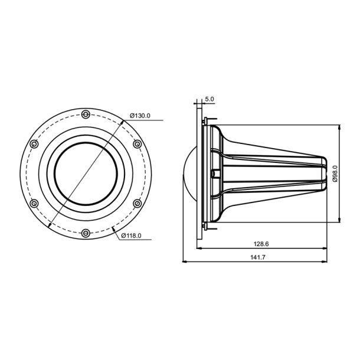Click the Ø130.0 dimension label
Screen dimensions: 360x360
[x=140, y=116]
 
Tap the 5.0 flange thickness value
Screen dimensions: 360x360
[x=210, y=99]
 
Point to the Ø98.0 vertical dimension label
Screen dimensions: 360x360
[x=335, y=174]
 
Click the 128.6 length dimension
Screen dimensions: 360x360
[x=258, y=243]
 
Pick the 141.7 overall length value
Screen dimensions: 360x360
[x=258, y=257]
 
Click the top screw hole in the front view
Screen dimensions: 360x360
[x=86, y=114]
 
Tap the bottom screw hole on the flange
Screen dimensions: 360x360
[x=86, y=233]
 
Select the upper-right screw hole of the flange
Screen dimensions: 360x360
[x=137, y=143]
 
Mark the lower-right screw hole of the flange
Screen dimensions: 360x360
[x=137, y=203]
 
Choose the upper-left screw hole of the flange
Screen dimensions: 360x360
[x=34, y=143]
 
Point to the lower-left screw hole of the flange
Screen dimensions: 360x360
[x=34, y=203]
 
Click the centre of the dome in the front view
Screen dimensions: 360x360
[x=86, y=174]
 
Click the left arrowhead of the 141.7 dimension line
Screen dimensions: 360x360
[x=185, y=261]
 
